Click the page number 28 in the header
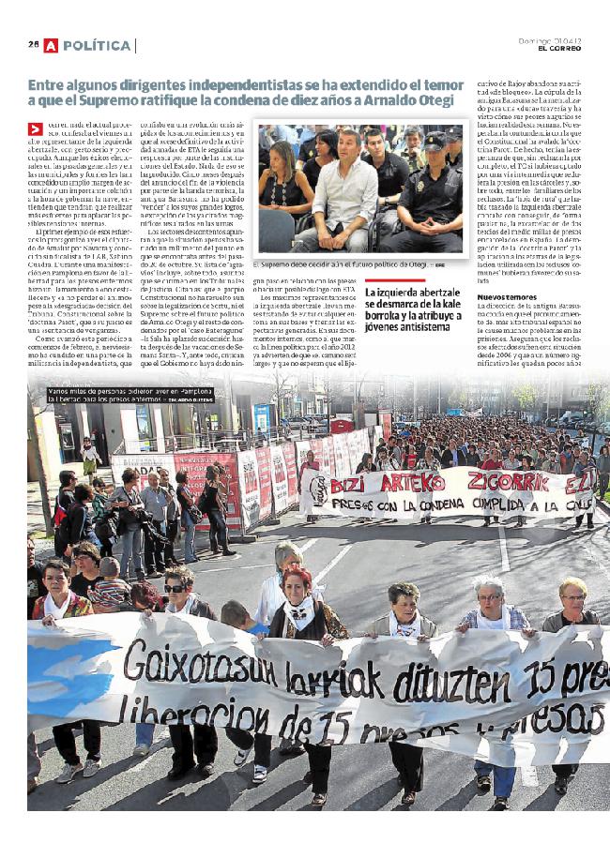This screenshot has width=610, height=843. coord(33,45)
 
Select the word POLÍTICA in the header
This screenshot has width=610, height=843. coord(98,45)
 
